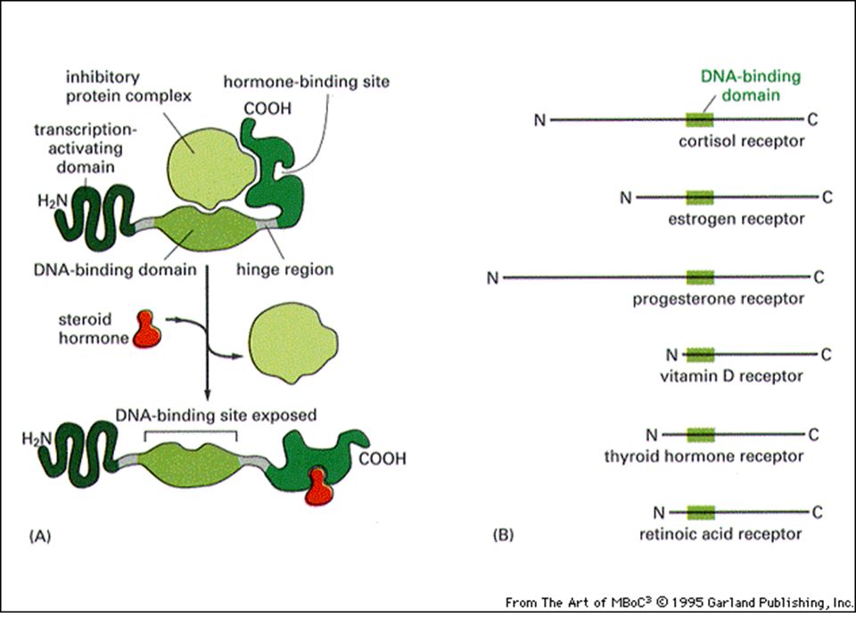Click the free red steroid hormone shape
pyautogui.click(x=147, y=329)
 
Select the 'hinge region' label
pyautogui.click(x=284, y=269)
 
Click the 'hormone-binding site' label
pyautogui.click(x=306, y=82)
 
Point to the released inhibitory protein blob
pyautogui.click(x=293, y=342)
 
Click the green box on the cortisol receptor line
pyautogui.click(x=700, y=119)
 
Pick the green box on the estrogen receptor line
pyautogui.click(x=700, y=197)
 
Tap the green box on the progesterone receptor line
pyautogui.click(x=700, y=277)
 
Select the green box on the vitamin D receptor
pyautogui.click(x=700, y=355)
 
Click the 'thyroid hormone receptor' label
pyautogui.click(x=704, y=457)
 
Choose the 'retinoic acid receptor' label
pyautogui.click(x=720, y=533)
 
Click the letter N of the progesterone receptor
pyautogui.click(x=492, y=278)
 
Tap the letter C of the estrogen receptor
pyautogui.click(x=827, y=197)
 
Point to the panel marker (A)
pyautogui.click(x=40, y=536)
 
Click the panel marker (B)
pyautogui.click(x=503, y=534)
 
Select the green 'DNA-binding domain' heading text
pyautogui.click(x=751, y=86)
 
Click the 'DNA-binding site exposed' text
pyautogui.click(x=216, y=415)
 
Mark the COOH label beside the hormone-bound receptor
pyautogui.click(x=383, y=458)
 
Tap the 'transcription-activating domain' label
pyautogui.click(x=86, y=149)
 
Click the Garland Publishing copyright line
pyautogui.click(x=679, y=602)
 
